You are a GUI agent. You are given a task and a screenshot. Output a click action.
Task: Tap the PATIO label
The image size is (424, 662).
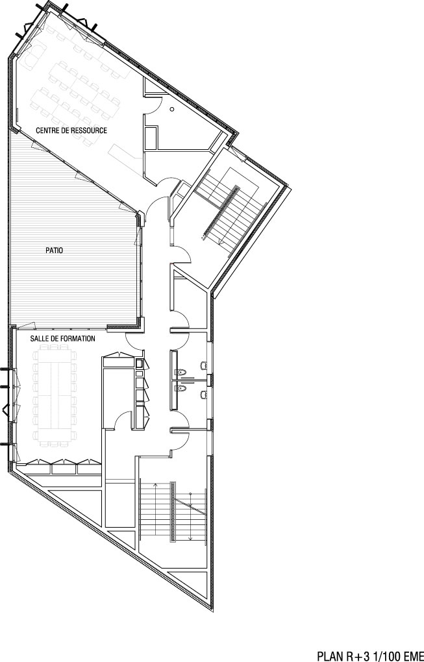[x=55, y=251]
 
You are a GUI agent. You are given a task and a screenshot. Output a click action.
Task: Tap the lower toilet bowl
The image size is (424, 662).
[x=182, y=387]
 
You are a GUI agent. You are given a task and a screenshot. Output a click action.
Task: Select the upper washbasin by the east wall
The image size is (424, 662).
[x=203, y=365]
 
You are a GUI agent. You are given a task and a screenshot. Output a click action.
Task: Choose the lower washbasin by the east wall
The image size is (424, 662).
[x=203, y=395]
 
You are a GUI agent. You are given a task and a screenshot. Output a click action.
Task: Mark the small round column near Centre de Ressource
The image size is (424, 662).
[x=172, y=109]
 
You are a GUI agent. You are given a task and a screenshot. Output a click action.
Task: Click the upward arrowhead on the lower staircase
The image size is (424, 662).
[x=155, y=485]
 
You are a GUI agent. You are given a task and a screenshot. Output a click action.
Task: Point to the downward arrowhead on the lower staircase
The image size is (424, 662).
[x=191, y=537]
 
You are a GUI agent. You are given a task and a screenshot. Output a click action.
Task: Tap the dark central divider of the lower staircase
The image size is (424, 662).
[x=172, y=512]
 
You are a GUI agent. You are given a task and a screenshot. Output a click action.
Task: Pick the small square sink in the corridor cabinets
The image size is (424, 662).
[x=140, y=363]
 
